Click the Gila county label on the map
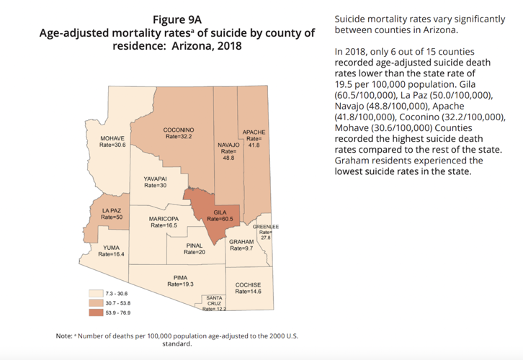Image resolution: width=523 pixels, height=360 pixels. click(x=220, y=213)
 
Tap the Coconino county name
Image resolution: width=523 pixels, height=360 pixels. click(x=179, y=130)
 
